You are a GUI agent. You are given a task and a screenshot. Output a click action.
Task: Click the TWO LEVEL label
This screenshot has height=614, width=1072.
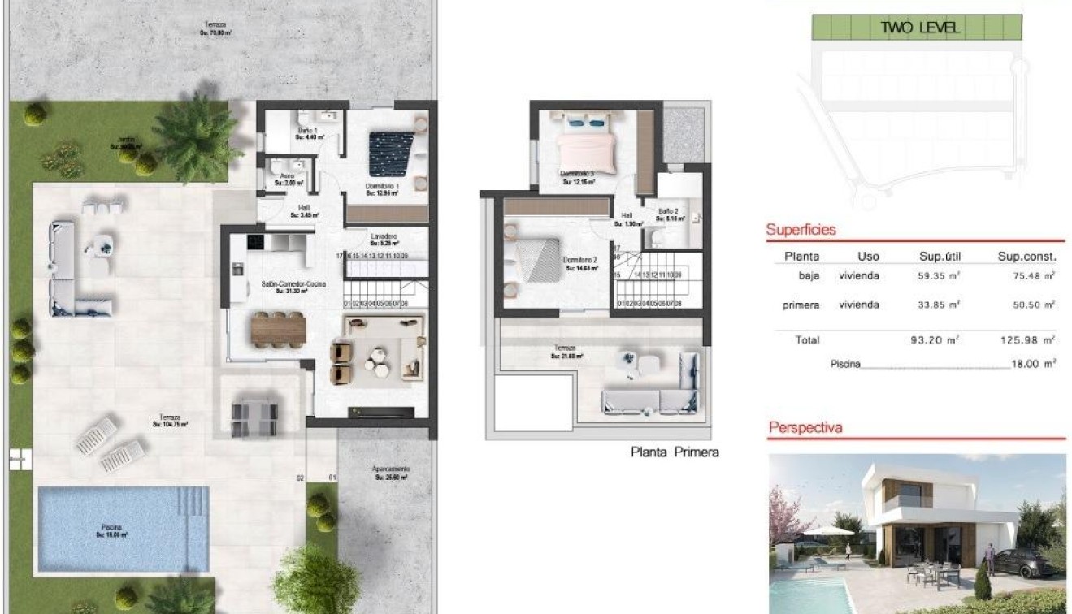[920, 28]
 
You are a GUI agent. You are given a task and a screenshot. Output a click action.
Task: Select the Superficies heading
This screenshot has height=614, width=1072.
[801, 230]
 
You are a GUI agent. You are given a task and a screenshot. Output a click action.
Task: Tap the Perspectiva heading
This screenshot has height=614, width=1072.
[805, 427]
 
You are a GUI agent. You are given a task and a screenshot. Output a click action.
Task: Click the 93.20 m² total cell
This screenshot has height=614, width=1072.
[935, 340]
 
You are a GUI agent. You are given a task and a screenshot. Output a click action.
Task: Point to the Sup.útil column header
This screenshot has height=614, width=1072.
[940, 256]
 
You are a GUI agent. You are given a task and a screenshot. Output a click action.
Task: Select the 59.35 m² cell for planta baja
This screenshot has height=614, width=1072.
[935, 276]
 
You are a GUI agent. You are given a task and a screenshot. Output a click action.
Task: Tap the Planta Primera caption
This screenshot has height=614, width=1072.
[675, 452]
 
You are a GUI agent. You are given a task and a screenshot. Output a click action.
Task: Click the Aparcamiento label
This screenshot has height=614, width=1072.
[391, 470]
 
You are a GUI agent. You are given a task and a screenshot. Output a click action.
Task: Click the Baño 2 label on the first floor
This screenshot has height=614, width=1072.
[668, 210]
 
